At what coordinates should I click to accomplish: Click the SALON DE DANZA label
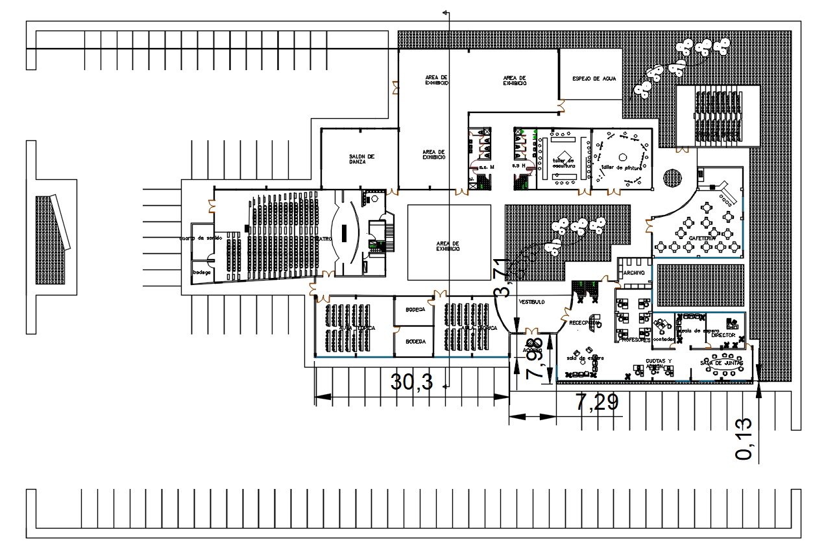tap(361, 159)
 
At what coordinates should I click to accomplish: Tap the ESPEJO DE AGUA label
tap(594, 79)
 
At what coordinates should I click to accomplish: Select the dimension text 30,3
tap(412, 382)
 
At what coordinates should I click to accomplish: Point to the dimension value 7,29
tap(598, 403)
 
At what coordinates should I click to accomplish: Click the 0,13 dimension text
tap(745, 439)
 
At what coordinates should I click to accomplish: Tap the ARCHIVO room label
tap(633, 273)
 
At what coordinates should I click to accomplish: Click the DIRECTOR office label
tap(723, 335)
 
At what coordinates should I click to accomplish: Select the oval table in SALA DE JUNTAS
tap(722, 368)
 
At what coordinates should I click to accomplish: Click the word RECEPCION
tap(583, 322)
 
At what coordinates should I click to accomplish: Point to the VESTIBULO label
tap(532, 303)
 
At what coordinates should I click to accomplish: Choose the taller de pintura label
tap(622, 168)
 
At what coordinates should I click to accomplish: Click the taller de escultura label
tap(563, 163)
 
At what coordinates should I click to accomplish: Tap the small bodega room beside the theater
tap(202, 272)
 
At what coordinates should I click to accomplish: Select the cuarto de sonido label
tap(202, 238)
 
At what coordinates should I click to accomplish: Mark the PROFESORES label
tap(634, 340)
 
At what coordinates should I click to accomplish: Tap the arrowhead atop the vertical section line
tap(445, 12)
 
